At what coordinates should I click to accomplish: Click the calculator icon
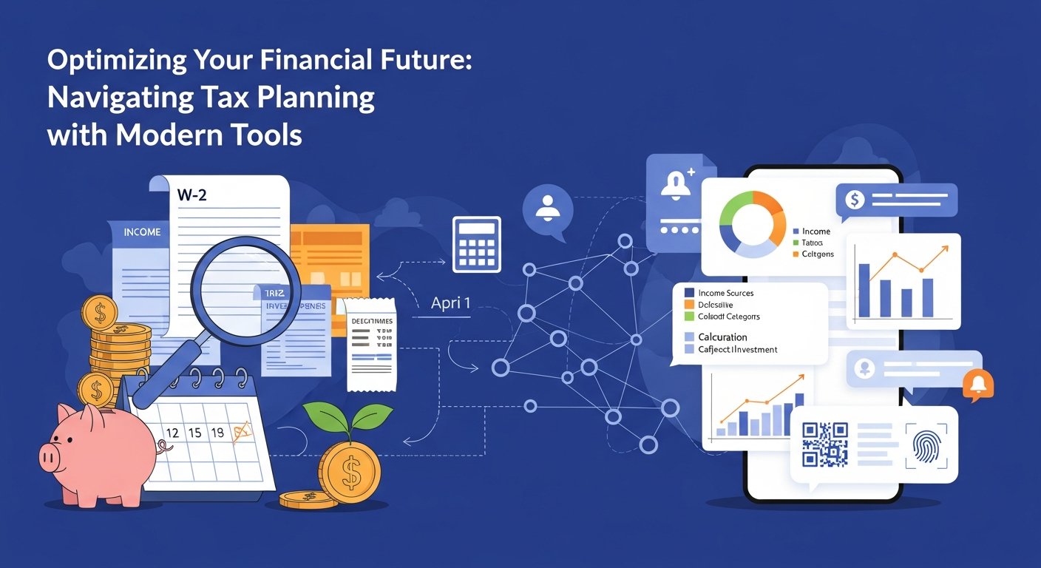(476, 243)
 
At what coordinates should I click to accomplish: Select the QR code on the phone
(824, 444)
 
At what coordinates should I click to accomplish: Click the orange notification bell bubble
(979, 384)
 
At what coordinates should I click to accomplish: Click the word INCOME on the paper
(142, 232)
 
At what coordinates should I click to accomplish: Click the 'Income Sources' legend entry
(725, 293)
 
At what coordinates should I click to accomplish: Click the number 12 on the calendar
(172, 433)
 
